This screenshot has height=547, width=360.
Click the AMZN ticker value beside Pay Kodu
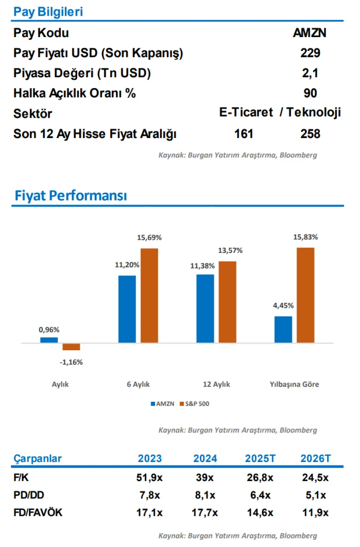pos(309,33)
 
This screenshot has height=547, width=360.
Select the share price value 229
pos(310,53)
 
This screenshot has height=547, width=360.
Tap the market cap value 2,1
pos(310,73)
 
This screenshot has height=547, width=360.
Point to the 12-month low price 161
pos(244,134)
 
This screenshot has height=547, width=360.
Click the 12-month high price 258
pos(310,134)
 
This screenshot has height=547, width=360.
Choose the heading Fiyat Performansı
pos(70,196)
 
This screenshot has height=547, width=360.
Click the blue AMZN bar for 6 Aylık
pos(127,309)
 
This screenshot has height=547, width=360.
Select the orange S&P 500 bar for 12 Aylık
pos(227,302)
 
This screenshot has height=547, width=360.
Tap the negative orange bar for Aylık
pos(71,347)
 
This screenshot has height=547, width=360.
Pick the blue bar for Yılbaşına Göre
pos(283,329)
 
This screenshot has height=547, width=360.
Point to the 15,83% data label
pos(305,237)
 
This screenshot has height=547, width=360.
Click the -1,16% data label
pos(71,362)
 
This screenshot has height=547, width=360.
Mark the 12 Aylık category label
pos(216,384)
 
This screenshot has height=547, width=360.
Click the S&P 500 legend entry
pos(195,404)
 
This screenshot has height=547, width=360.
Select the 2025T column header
pos(260,459)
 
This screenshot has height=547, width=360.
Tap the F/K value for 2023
pos(149,478)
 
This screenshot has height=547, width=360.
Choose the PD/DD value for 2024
pos(205,495)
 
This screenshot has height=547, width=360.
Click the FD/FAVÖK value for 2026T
pos(315,513)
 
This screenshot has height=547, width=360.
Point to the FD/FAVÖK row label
pos(38,513)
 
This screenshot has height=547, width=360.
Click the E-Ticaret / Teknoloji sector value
pos(280,112)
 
